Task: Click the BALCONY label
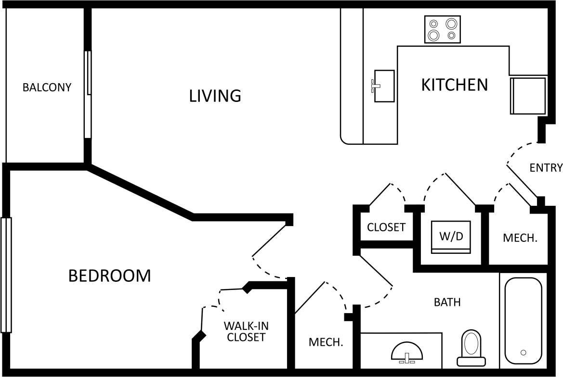click(x=47, y=88)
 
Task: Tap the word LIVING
click(x=215, y=96)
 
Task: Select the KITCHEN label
click(x=454, y=85)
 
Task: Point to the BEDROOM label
click(x=109, y=276)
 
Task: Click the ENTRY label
click(x=546, y=168)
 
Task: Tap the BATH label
click(x=447, y=302)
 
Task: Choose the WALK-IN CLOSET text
click(x=246, y=331)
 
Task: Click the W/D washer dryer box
click(x=450, y=237)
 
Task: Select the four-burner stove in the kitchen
click(x=442, y=29)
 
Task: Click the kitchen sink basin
click(x=385, y=86)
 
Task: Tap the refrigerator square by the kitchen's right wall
click(x=528, y=96)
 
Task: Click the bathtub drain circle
click(x=523, y=352)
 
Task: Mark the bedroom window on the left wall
click(x=6, y=275)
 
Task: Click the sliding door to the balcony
click(x=88, y=94)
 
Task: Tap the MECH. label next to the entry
click(x=520, y=238)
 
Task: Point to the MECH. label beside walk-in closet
click(x=326, y=342)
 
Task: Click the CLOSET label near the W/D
click(x=386, y=227)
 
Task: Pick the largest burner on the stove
click(x=434, y=35)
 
